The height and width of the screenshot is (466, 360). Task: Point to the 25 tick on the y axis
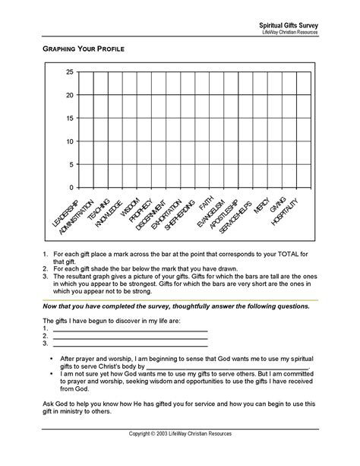click(69, 72)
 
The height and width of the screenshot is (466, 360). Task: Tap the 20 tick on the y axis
click(69, 95)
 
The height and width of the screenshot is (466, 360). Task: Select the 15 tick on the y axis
click(69, 119)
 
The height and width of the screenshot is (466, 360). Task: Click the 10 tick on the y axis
click(69, 141)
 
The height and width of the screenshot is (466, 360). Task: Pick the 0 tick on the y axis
click(71, 188)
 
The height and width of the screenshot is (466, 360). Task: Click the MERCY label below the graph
click(262, 204)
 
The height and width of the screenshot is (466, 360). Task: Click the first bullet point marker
click(50, 357)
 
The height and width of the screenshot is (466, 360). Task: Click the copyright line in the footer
click(180, 455)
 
